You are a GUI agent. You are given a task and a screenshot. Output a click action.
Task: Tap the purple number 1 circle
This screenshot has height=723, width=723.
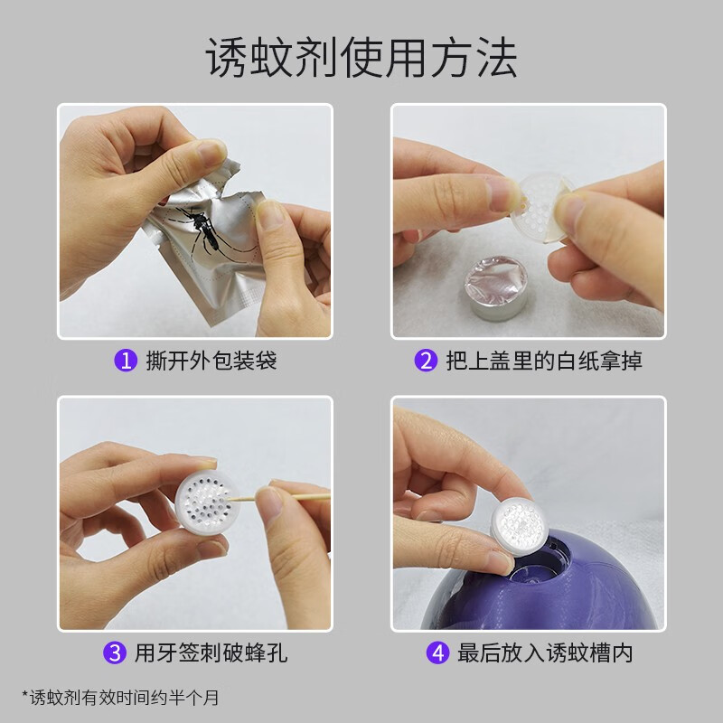(x=127, y=361)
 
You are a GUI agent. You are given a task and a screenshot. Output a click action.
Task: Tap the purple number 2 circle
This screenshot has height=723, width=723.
(x=425, y=361)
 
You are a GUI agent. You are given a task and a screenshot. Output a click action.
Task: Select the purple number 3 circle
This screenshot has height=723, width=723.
(x=116, y=652)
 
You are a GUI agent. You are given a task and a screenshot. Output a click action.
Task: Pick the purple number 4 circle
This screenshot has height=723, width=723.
(x=437, y=652)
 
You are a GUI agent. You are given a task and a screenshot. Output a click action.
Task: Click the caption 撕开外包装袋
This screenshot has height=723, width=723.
(x=211, y=361)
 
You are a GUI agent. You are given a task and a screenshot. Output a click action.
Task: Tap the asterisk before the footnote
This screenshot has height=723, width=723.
(x=25, y=695)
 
